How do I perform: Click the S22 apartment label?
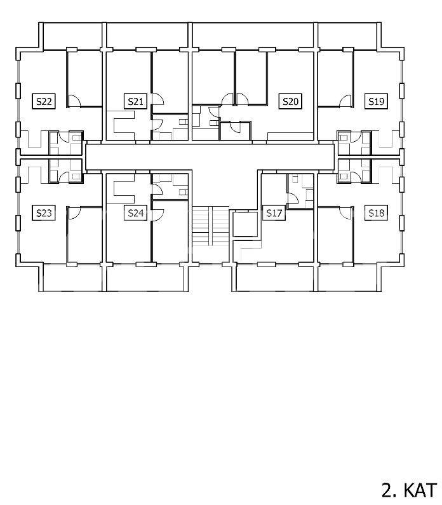pyautogui.click(x=44, y=102)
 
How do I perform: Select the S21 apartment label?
pyautogui.click(x=135, y=102)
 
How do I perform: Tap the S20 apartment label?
pyautogui.click(x=290, y=102)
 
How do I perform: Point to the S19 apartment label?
pyautogui.click(x=376, y=102)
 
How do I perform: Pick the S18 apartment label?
pyautogui.click(x=376, y=213)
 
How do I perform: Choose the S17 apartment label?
pyautogui.click(x=274, y=213)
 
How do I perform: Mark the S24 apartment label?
pyautogui.click(x=135, y=213)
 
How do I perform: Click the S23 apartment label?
pyautogui.click(x=44, y=213)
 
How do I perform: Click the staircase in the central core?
pyautogui.click(x=211, y=226)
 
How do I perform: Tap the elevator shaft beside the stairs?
pyautogui.click(x=245, y=224)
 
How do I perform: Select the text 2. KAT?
pyautogui.click(x=409, y=490)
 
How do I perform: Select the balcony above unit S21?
pyautogui.click(x=147, y=36)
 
